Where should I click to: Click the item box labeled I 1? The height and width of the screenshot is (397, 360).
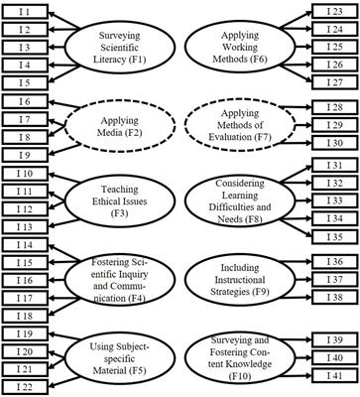click(21, 11)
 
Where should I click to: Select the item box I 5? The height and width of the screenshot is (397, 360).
click(21, 83)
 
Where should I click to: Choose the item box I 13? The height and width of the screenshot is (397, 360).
click(21, 227)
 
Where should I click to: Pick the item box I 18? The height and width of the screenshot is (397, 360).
click(21, 316)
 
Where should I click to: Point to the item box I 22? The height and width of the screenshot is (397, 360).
click(21, 386)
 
